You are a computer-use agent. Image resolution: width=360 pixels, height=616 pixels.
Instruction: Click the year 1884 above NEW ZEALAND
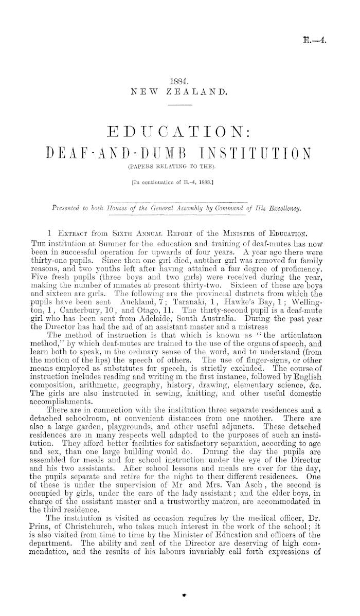[x=179, y=81]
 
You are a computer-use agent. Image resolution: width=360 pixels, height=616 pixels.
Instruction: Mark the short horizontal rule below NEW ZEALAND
[x=179, y=104]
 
